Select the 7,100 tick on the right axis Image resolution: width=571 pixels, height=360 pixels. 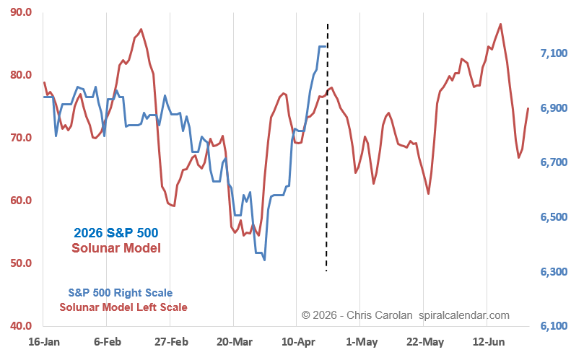551,53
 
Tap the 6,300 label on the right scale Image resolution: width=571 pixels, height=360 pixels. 551,272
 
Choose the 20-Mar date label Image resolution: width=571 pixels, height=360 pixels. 233,341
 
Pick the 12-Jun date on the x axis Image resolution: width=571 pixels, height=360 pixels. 488,341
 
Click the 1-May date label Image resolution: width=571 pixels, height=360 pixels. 361,341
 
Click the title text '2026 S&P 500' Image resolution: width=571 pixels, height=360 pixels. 115,233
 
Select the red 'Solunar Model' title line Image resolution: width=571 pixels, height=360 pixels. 115,248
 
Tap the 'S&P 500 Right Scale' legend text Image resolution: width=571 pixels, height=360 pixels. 121,293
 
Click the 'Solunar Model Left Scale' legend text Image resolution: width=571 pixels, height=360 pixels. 123,307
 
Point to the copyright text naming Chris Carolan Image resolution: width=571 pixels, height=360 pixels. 405,315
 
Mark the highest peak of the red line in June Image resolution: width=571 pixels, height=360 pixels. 501,24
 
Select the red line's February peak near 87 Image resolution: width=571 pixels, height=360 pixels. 141,29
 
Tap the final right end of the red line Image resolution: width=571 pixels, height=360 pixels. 528,108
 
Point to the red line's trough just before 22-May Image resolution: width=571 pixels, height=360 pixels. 429,194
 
